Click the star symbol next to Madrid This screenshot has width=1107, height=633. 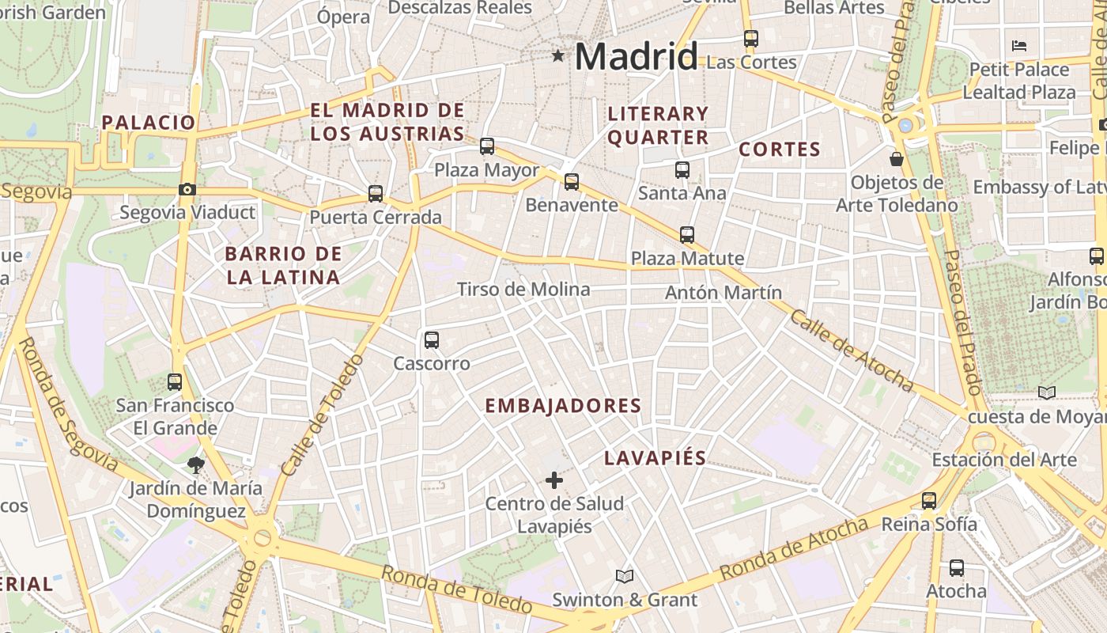(558, 55)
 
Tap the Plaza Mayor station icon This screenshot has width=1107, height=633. (487, 146)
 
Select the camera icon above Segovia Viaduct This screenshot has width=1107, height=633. (187, 189)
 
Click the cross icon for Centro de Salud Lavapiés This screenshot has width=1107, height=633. (554, 479)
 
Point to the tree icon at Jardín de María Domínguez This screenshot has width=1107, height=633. (195, 464)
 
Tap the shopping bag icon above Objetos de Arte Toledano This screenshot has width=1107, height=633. (897, 159)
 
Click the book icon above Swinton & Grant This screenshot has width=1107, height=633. (625, 576)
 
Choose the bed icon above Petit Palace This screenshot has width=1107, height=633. (1019, 46)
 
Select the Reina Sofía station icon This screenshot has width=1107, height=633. (929, 500)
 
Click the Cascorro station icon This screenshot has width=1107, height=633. (432, 340)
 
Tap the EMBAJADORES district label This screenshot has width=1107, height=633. (562, 406)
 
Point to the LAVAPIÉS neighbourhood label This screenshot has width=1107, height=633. (655, 458)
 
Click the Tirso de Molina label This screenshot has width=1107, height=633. (523, 290)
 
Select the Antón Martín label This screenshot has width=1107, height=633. (723, 293)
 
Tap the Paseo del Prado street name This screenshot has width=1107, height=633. (963, 322)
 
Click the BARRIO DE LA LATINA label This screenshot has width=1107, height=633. (283, 266)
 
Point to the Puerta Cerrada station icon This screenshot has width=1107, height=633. (376, 193)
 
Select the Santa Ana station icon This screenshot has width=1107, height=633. (682, 169)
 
